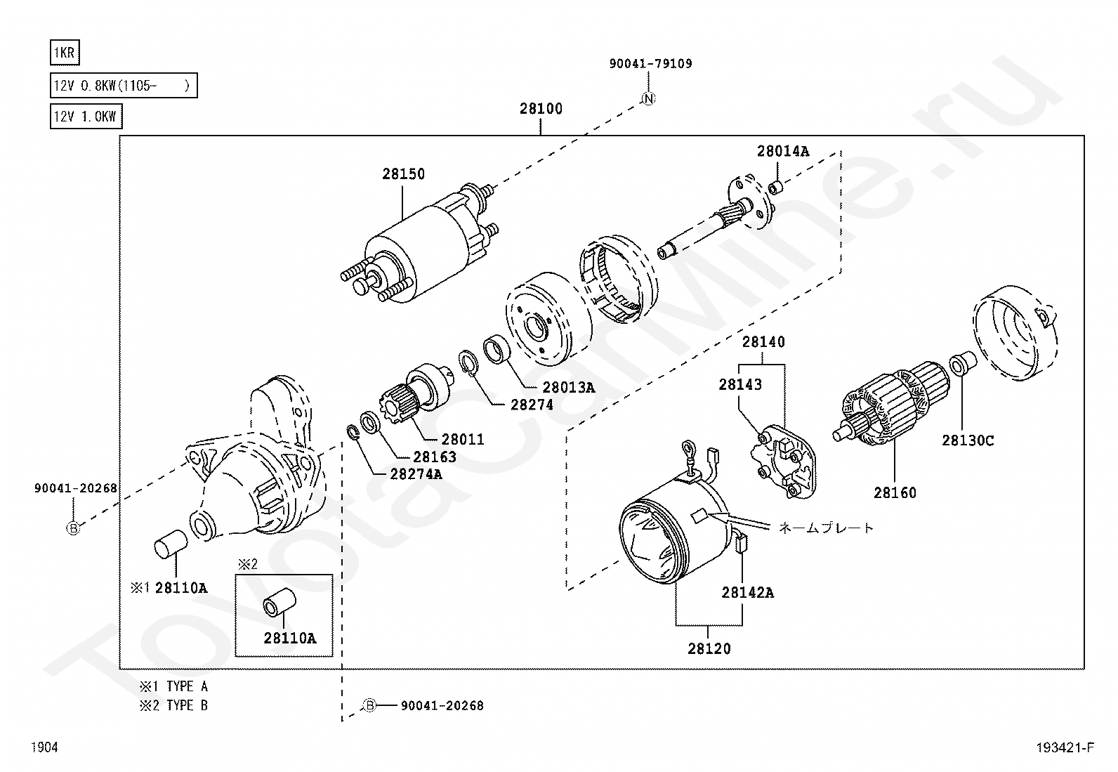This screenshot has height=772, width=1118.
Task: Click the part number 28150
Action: pos(403,174)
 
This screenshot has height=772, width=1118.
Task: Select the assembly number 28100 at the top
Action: pos(541,109)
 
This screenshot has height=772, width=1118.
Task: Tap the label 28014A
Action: pos(782,151)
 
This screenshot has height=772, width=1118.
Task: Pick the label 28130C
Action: pos(968,441)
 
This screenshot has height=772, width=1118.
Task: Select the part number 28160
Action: pos(895,493)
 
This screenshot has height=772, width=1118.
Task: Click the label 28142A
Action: pos(747,593)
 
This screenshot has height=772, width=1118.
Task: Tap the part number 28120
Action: pos(709,649)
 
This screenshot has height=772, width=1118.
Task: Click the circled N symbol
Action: pos(649,99)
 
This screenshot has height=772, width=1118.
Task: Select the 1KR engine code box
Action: pos(65,53)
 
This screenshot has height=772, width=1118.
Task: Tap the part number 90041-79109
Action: pos(650,64)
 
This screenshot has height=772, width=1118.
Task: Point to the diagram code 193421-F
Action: pos(1065,748)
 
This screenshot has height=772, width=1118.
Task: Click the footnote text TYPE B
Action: pos(187,705)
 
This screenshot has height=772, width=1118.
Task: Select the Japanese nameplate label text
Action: pos(825,528)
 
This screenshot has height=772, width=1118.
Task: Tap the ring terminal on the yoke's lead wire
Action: pos(688,449)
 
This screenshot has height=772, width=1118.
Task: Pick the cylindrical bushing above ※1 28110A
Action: pos(170,545)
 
